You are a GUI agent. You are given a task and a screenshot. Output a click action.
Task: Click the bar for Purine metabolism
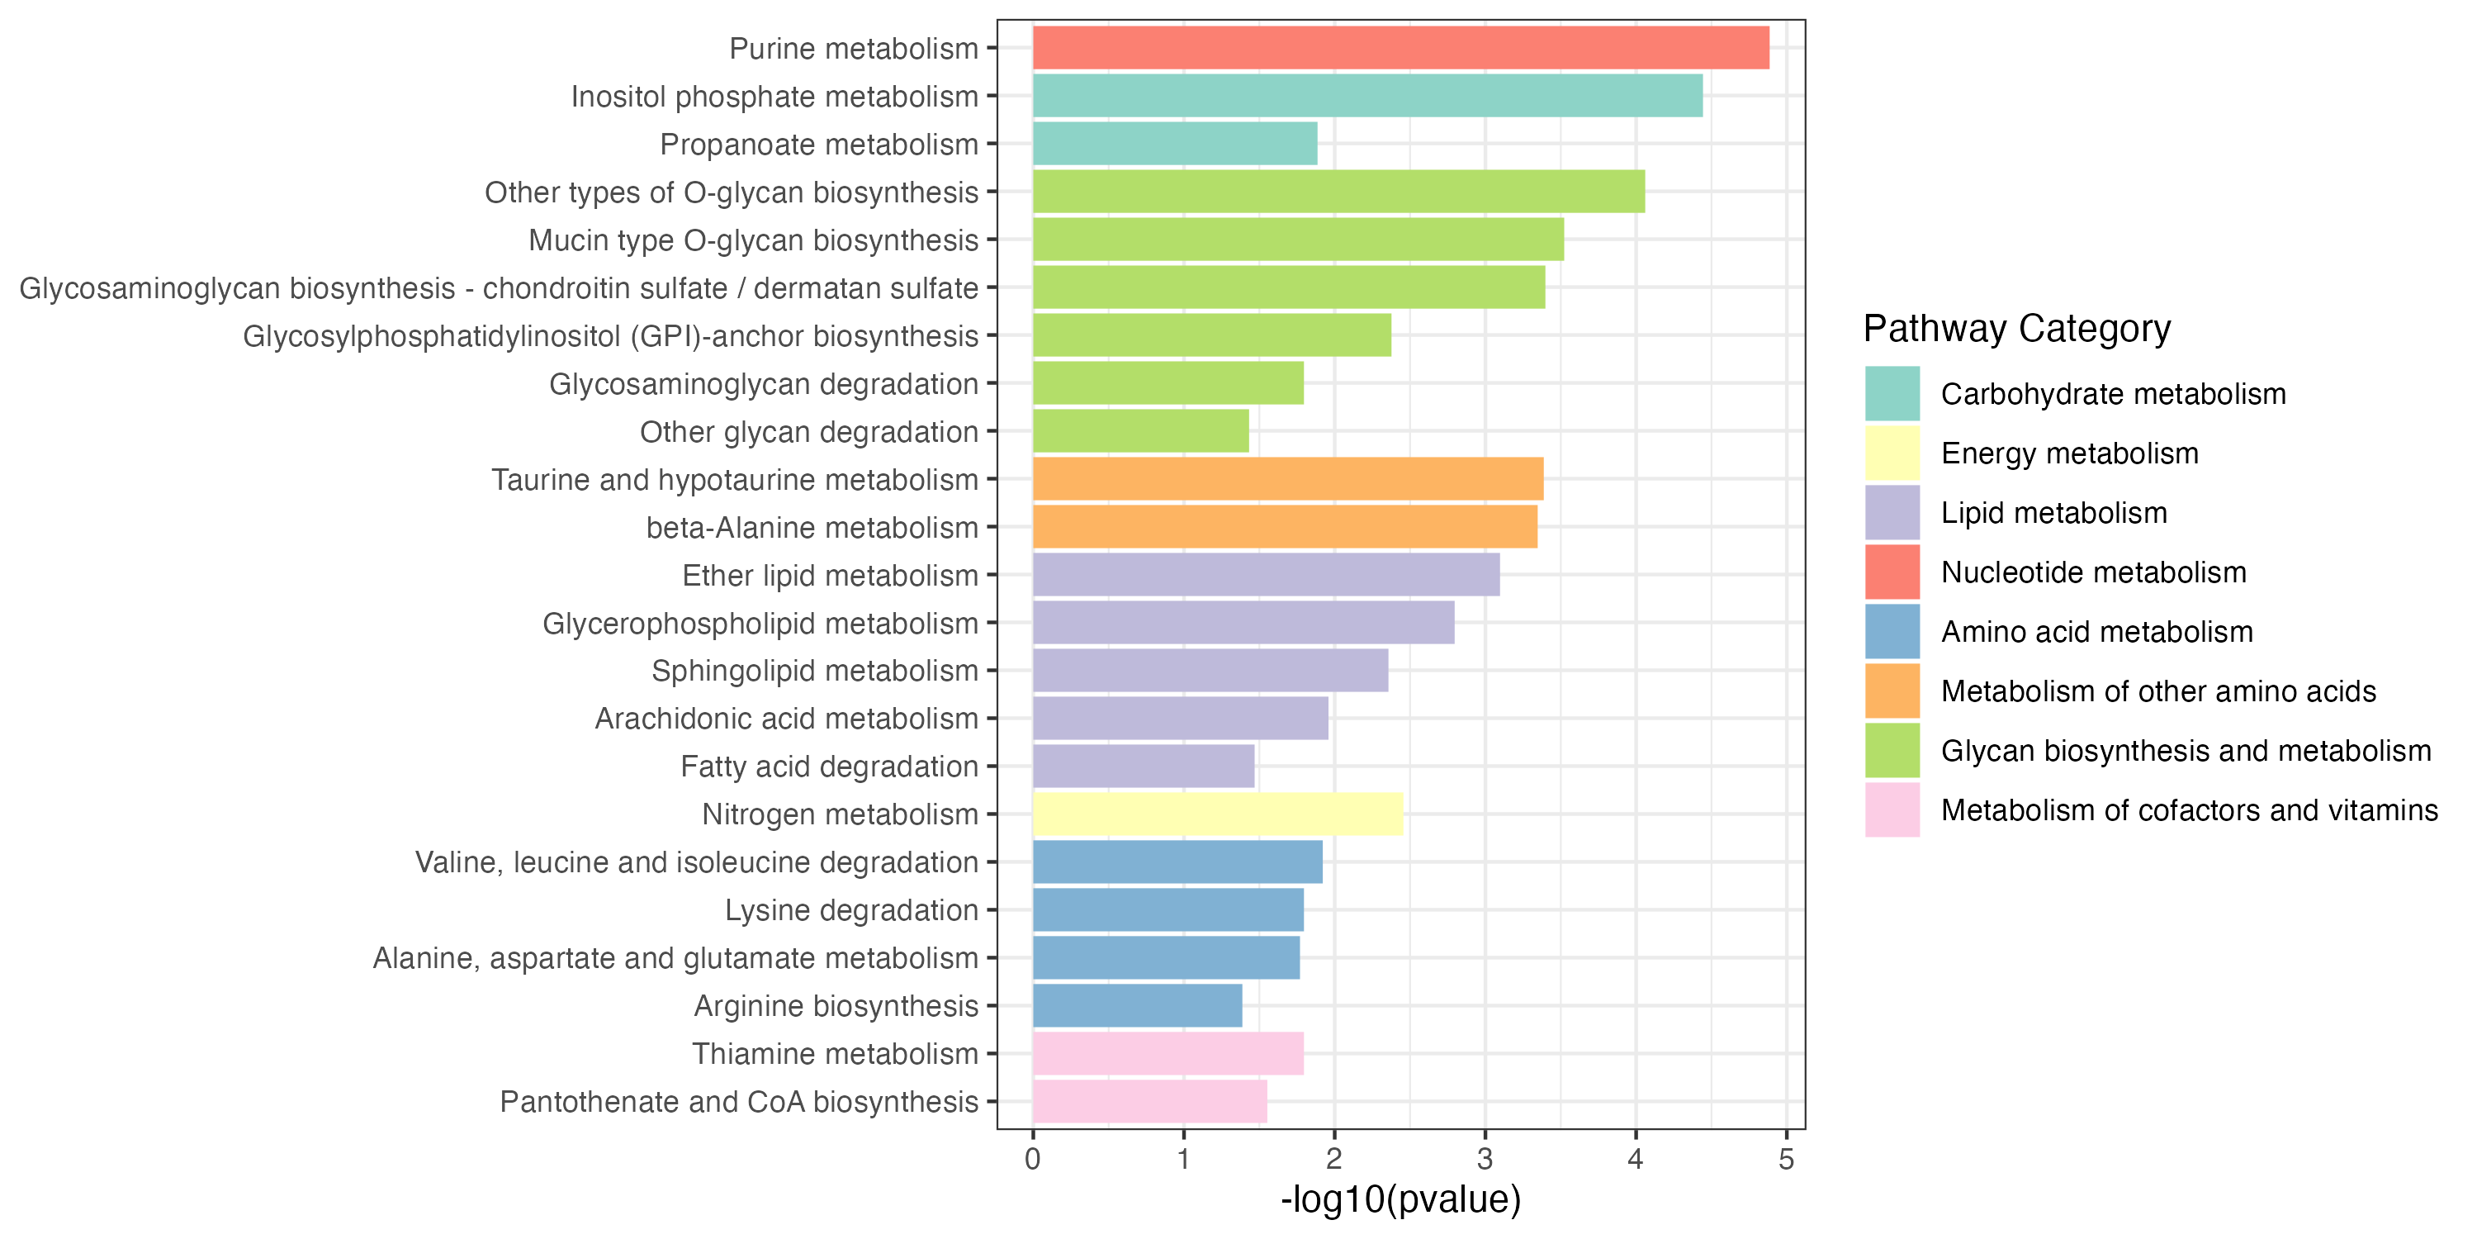coord(1400,48)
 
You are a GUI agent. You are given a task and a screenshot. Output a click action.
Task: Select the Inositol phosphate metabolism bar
coord(1366,96)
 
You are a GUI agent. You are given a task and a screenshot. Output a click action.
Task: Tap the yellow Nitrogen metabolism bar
coord(1217,814)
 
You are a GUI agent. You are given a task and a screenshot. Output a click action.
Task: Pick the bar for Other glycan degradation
coord(1140,431)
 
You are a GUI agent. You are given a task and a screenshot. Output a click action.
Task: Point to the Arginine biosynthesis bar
coord(1137,1005)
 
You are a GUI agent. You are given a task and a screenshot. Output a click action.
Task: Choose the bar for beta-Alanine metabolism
coord(1285,527)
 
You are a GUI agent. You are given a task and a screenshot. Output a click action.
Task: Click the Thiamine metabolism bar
coord(1167,1053)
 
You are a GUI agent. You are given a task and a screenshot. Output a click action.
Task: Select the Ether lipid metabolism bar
coord(1266,574)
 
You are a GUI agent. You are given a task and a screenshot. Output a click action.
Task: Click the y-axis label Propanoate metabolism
coord(818,145)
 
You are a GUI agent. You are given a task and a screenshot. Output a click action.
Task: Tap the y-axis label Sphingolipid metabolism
coord(814,671)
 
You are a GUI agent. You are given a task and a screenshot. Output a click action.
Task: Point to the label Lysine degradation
coord(851,910)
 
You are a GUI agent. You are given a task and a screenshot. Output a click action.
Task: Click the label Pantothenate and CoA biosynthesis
coord(738,1101)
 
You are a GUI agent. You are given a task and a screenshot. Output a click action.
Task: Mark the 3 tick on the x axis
coord(1485,1159)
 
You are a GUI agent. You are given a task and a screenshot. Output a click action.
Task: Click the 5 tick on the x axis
coord(1786,1159)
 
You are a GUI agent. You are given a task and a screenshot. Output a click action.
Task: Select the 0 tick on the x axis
coord(1033,1159)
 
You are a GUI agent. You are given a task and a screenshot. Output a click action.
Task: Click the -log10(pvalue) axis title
coord(1400,1199)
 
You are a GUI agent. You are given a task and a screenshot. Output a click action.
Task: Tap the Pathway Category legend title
coord(2016,329)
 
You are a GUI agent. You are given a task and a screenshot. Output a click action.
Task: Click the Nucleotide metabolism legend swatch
coord(1892,572)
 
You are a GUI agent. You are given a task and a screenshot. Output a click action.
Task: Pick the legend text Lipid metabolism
coord(2054,513)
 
